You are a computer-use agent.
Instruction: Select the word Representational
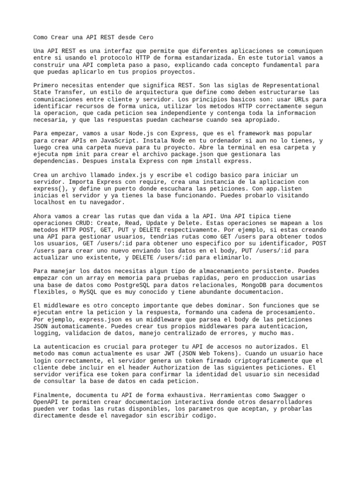[289, 86]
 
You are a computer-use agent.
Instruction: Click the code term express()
[49, 188]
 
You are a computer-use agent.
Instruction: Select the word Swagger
[291, 395]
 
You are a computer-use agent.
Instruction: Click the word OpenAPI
[47, 402]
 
